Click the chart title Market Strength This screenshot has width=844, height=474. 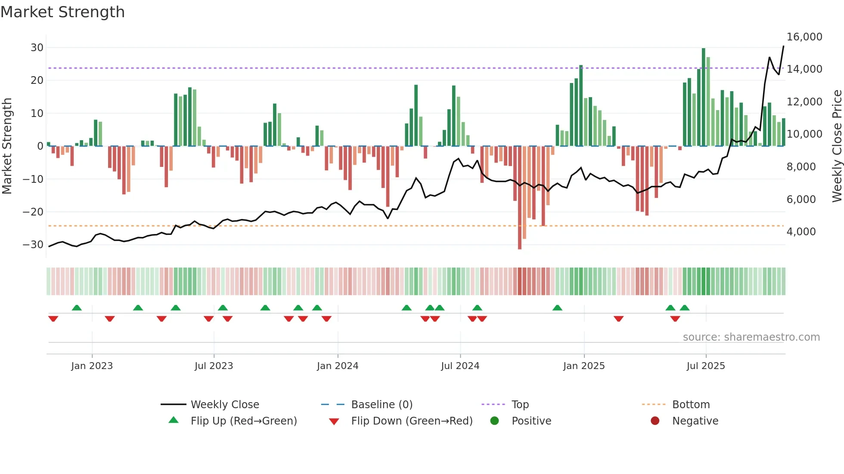click(63, 12)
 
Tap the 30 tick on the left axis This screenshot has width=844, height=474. click(37, 47)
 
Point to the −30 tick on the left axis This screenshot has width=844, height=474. click(33, 244)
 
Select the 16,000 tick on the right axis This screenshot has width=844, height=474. click(804, 37)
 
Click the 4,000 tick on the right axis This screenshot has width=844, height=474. click(801, 231)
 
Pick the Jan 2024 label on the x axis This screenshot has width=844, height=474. click(337, 366)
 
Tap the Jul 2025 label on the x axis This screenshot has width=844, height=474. click(705, 366)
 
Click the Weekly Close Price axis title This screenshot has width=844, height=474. click(836, 146)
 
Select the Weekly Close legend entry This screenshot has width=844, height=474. click(224, 404)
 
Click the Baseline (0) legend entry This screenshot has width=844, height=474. click(382, 404)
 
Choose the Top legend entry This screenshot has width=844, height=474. click(520, 404)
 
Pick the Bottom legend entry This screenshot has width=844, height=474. click(691, 404)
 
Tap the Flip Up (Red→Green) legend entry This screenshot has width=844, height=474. click(243, 421)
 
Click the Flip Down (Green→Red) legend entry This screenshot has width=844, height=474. click(411, 421)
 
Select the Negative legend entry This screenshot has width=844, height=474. click(695, 421)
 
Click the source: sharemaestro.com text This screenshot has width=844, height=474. click(751, 337)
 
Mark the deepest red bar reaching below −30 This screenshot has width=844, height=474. click(520, 198)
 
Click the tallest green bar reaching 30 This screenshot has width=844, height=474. click(704, 97)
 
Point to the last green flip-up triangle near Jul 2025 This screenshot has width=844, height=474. click(685, 308)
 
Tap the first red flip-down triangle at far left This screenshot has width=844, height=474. click(53, 319)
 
